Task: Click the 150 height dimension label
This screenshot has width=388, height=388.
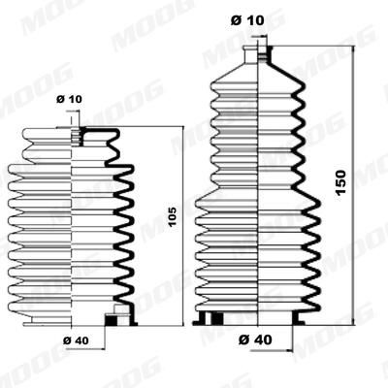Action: (x=340, y=182)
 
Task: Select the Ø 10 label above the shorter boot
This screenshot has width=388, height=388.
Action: (x=70, y=99)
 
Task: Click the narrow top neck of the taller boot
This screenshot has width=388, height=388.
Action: (x=258, y=54)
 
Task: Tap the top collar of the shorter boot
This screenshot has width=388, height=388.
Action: (x=74, y=135)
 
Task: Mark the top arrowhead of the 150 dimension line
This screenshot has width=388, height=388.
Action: (x=355, y=46)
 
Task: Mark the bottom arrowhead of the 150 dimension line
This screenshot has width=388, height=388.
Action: (x=355, y=321)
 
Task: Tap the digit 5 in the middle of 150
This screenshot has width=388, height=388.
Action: (x=340, y=182)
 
